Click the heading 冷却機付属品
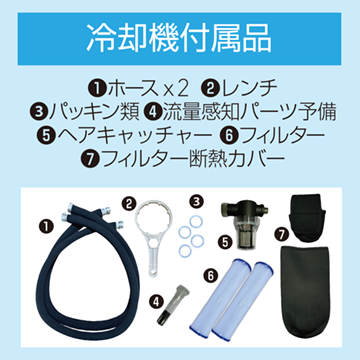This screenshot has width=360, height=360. [179, 39]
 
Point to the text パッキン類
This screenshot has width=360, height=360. [93, 113]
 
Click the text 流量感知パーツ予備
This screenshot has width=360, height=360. [249, 113]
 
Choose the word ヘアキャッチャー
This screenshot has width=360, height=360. [134, 136]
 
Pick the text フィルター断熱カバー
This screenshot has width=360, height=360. [192, 160]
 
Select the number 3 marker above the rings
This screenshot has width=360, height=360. [196, 201]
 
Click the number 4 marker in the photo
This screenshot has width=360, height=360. [154, 301]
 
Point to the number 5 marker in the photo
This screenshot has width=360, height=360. [226, 242]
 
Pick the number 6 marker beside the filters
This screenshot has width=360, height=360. [211, 275]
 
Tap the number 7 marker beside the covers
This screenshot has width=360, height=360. [282, 235]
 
